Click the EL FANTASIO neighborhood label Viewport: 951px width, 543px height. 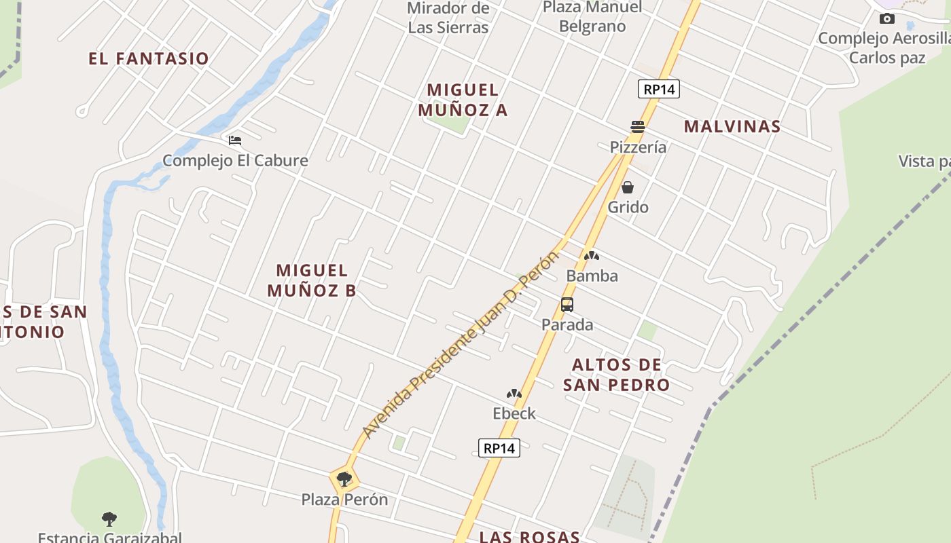pyautogui.click(x=149, y=58)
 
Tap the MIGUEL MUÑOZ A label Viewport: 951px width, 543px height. pyautogui.click(x=463, y=100)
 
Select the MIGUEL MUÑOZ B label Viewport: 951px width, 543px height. pyautogui.click(x=312, y=280)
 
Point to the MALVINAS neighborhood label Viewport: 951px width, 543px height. pyautogui.click(x=732, y=126)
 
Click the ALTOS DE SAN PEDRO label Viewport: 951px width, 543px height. pyautogui.click(x=617, y=375)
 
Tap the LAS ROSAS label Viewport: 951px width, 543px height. pyautogui.click(x=530, y=536)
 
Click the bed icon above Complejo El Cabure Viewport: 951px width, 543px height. pyautogui.click(x=235, y=141)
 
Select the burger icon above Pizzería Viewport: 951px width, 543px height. pyautogui.click(x=637, y=127)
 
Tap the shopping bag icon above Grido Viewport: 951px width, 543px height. pyautogui.click(x=628, y=187)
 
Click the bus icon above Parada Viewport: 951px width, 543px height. pyautogui.click(x=567, y=305)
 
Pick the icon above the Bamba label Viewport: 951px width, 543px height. pyautogui.click(x=592, y=257)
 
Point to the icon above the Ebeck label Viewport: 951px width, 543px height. pyautogui.click(x=514, y=394)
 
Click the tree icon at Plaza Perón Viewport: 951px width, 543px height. pyautogui.click(x=344, y=479)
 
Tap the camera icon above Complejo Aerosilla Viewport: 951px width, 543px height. pyautogui.click(x=887, y=19)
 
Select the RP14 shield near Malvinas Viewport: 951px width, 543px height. pyautogui.click(x=659, y=89)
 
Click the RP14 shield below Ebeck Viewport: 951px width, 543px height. pyautogui.click(x=499, y=448)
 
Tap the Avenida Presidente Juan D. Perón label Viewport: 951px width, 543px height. pyautogui.click(x=461, y=345)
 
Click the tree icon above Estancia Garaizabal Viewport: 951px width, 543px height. pyautogui.click(x=109, y=519)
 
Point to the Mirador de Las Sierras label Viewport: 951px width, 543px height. pyautogui.click(x=448, y=18)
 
